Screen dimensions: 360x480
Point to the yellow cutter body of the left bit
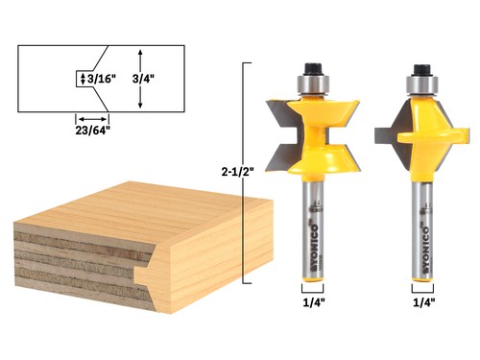(x=311, y=134)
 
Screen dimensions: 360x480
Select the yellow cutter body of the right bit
(x=422, y=130)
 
